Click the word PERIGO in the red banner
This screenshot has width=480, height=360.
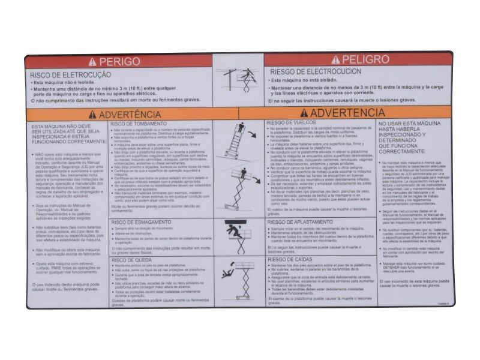coord(120,61)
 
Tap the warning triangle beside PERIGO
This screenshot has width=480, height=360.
coord(92,61)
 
